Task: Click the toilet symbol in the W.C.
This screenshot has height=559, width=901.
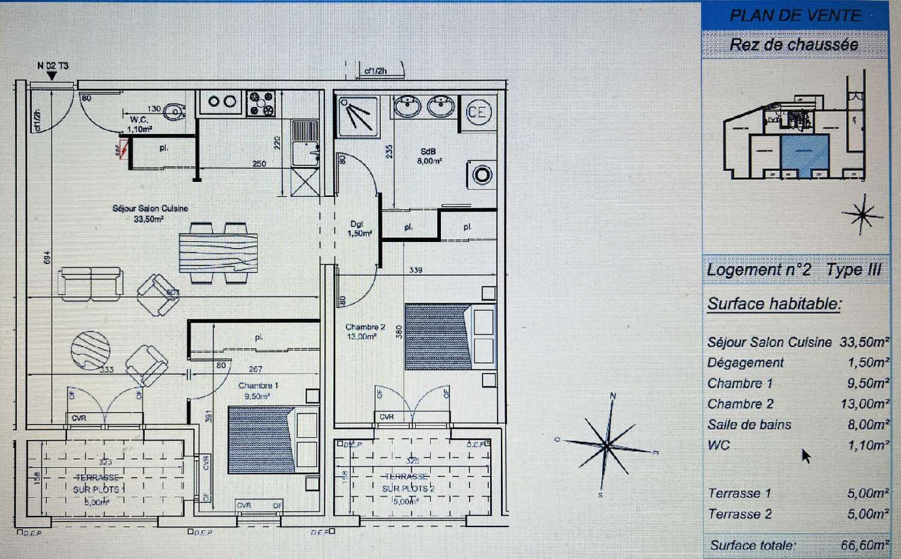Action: [x=175, y=111]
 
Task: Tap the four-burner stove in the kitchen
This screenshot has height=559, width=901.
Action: [x=261, y=103]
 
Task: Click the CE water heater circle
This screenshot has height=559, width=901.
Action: [x=478, y=112]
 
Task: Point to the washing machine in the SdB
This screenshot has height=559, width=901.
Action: [x=482, y=175]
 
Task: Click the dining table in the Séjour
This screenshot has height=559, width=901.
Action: [x=218, y=252]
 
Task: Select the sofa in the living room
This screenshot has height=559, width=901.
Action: [x=91, y=283]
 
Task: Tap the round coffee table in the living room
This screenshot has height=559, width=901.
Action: [x=91, y=350]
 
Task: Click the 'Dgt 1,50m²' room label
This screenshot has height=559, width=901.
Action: [x=359, y=229]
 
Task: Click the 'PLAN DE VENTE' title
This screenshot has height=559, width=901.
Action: [x=795, y=16]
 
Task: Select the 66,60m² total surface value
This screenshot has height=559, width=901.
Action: [x=864, y=545]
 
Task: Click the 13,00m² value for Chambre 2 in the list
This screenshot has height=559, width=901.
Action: [x=864, y=404]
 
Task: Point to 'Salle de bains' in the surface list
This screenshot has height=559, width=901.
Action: [x=749, y=425]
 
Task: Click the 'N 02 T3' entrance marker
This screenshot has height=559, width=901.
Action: [x=52, y=66]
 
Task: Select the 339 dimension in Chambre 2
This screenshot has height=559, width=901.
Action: [x=416, y=270]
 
